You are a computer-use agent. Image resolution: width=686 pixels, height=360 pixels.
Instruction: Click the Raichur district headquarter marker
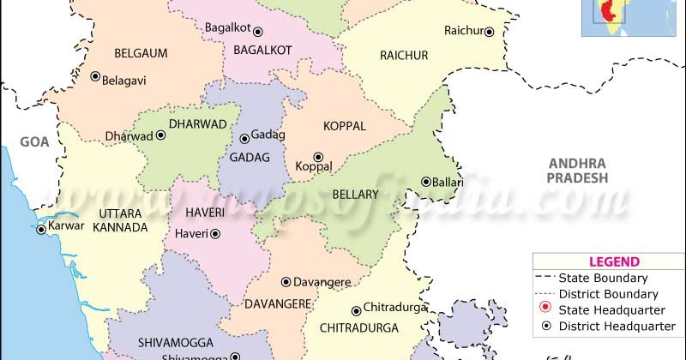coord(489,32)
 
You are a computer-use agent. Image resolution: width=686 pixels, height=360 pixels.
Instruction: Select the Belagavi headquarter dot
coord(95,76)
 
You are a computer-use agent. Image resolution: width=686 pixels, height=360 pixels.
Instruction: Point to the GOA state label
coord(36,143)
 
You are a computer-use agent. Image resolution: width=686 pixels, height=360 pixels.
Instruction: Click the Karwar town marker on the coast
coord(40,229)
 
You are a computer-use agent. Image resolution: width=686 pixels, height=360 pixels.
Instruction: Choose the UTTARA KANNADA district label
coord(111,219)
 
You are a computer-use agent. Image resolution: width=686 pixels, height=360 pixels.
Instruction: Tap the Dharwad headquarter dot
coord(159,136)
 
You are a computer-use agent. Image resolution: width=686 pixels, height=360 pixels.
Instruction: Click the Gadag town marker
coord(244,138)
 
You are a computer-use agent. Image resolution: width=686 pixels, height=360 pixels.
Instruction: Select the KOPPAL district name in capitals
coord(344,126)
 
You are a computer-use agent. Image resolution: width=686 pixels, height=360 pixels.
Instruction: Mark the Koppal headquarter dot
coord(318,157)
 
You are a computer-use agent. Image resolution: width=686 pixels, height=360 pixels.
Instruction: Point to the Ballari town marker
coord(425,182)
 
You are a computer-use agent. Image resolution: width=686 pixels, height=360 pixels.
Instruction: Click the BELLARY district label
coord(355,195)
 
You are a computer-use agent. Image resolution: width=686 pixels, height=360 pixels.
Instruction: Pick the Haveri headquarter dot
coord(215,233)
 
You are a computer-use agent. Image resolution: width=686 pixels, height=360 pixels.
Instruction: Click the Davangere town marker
coord(286,281)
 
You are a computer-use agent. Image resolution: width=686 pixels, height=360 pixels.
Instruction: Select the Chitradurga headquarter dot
coord(355,310)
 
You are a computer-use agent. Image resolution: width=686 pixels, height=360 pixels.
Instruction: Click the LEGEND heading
coord(613,261)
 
